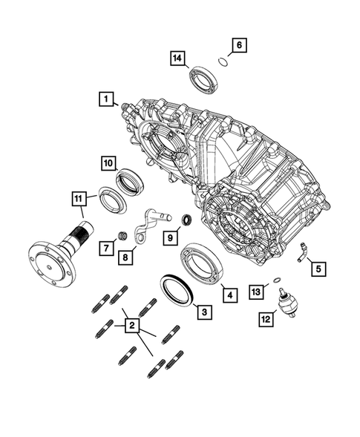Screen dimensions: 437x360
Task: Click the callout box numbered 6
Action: (238, 46)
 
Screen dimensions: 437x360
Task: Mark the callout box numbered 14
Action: (177, 59)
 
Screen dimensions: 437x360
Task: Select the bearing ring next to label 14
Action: (201, 79)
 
